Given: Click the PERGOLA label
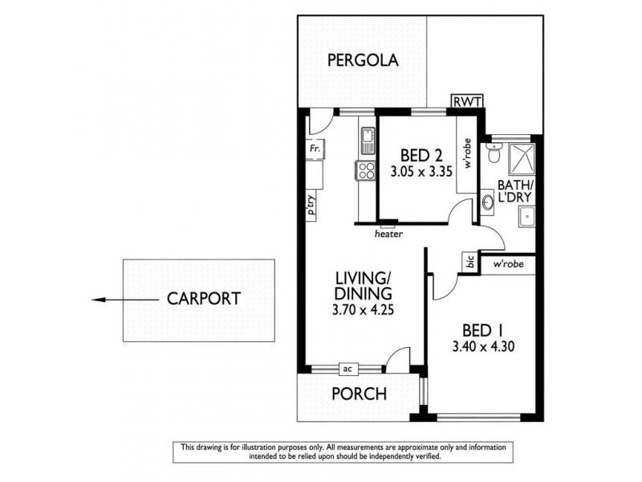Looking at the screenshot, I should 362,60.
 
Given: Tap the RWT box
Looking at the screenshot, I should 466,102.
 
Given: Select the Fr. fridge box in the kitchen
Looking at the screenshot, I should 315,149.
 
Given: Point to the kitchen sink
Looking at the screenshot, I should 367,141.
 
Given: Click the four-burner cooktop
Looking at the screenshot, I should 367,170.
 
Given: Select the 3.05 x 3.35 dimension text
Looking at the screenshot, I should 416,172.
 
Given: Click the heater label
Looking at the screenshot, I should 388,234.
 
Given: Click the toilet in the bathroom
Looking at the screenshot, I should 495,152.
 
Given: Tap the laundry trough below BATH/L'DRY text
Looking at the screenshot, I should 526,215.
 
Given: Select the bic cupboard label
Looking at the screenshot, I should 469,263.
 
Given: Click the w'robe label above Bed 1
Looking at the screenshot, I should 507,263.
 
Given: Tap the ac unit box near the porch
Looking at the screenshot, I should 347,369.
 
